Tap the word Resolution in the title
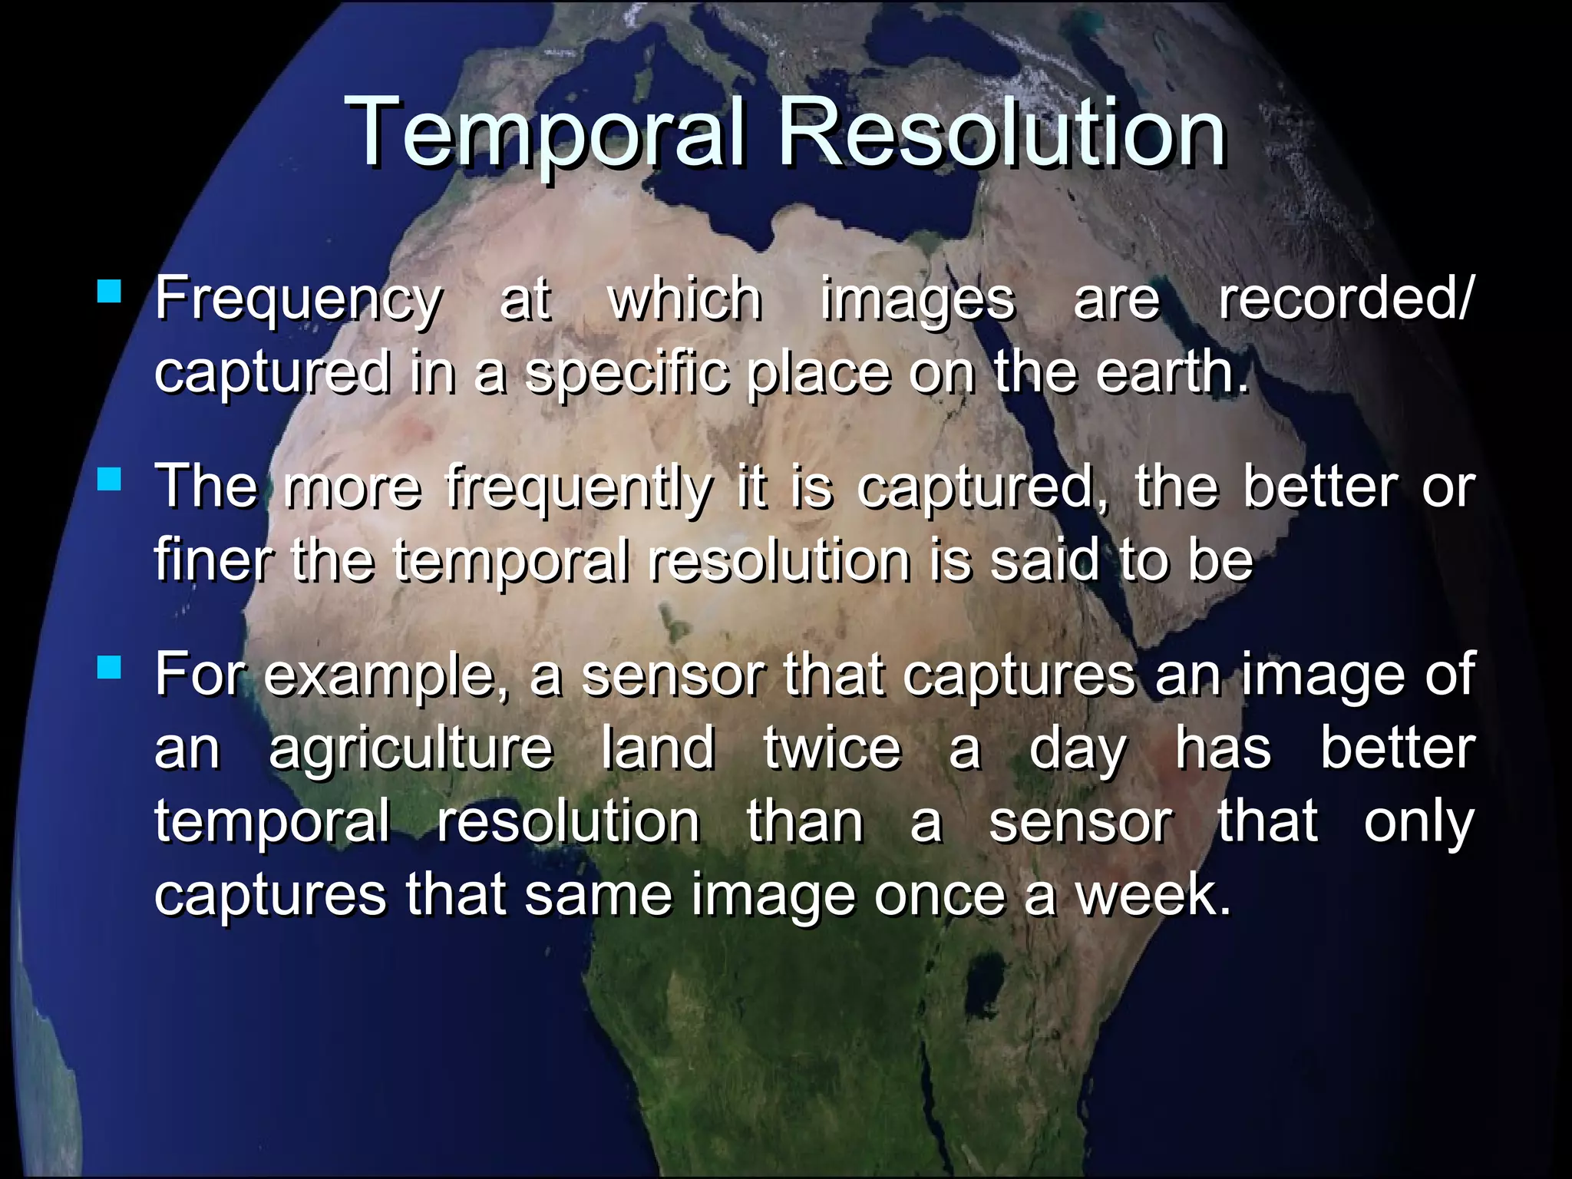click(1002, 132)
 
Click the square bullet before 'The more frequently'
click(110, 481)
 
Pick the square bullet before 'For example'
click(110, 668)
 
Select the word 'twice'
click(832, 748)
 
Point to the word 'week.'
click(1152, 895)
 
